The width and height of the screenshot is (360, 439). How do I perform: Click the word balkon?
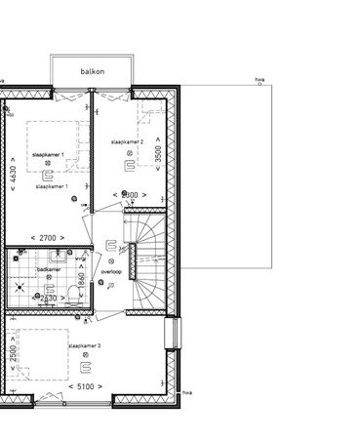coord(92,71)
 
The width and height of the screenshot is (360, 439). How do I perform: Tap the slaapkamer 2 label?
coord(127,142)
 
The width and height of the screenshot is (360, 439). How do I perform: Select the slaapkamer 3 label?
coord(85,345)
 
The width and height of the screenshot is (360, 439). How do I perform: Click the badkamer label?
coord(50,268)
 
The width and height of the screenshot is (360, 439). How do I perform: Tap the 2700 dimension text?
coord(47,237)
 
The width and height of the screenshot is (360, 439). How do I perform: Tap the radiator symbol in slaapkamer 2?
coord(128,166)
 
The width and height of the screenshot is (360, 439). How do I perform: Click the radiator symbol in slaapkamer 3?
coord(86,368)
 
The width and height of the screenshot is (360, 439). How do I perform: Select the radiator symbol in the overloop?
coord(112,247)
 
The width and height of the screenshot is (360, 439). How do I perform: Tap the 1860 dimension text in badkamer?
coord(82,279)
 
